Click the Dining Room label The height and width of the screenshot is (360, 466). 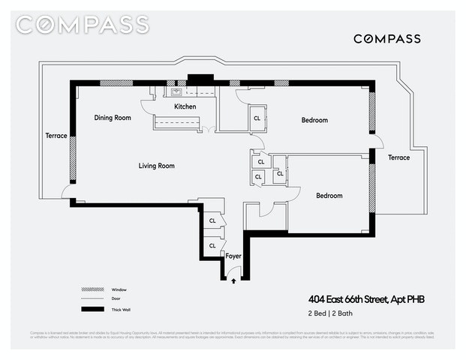coord(113,118)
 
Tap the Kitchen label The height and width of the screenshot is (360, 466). coord(185,107)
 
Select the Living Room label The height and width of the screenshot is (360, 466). coord(156,166)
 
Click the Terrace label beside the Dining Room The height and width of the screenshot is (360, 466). coord(56,136)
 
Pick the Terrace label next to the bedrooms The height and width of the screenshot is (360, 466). coord(398,157)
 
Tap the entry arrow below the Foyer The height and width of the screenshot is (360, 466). coord(233,281)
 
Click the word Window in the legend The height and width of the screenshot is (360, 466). coord(119,289)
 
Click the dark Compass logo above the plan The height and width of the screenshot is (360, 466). coord(386,38)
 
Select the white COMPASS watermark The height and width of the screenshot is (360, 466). coord(83,25)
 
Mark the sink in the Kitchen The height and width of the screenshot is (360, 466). coord(177,93)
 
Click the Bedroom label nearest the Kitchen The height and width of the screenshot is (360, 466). coord(314,120)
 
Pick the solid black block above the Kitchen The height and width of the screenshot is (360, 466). coord(200,79)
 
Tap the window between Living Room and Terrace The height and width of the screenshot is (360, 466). coord(73,158)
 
